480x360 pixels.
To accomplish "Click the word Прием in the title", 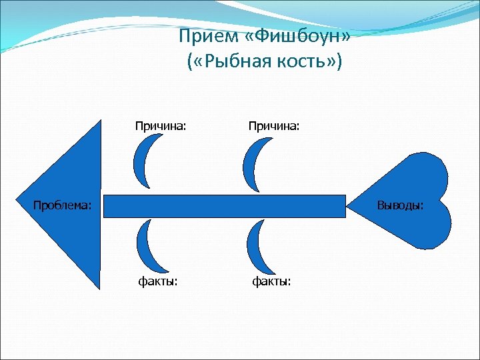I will pos(204,37).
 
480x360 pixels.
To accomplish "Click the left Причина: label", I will pos(161,125).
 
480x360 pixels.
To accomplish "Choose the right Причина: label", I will pos(274,125).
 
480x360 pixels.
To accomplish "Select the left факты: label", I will pos(158,282).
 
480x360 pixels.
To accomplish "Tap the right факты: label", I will pos(271,282).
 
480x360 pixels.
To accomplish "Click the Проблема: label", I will pos(63,205).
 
